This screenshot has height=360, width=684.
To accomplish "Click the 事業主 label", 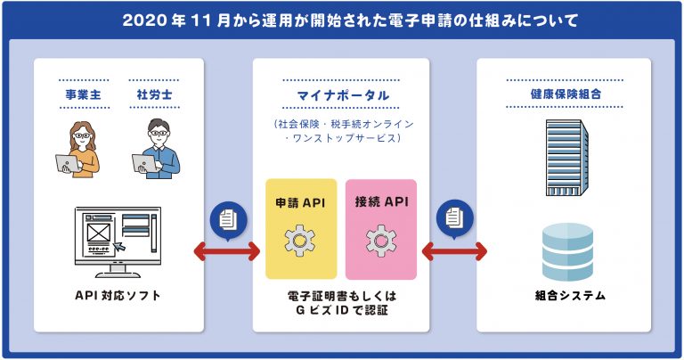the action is (83, 94).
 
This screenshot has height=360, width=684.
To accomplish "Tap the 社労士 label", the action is (154, 94).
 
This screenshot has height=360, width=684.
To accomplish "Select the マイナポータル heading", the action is (343, 95).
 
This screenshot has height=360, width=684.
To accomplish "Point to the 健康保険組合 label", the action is (566, 94).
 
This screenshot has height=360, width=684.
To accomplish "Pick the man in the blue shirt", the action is (156, 148).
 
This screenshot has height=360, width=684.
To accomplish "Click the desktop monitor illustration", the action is (118, 242).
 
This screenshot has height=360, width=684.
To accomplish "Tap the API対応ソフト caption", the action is (118, 296).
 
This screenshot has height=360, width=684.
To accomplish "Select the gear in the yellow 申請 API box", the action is (299, 241).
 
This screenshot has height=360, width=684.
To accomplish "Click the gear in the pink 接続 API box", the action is (381, 241).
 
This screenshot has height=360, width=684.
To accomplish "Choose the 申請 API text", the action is (300, 202).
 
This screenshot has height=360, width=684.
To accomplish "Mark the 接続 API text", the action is (382, 201).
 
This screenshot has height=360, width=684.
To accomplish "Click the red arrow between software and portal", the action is (227, 251).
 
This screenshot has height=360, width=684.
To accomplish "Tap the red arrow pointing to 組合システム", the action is (454, 251).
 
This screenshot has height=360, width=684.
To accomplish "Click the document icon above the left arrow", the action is (228, 219).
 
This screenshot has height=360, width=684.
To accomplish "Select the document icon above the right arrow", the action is (454, 217).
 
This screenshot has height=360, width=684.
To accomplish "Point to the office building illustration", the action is (567, 158).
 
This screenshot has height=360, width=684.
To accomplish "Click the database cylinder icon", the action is (567, 252).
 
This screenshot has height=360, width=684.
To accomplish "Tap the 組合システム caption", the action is (570, 296).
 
